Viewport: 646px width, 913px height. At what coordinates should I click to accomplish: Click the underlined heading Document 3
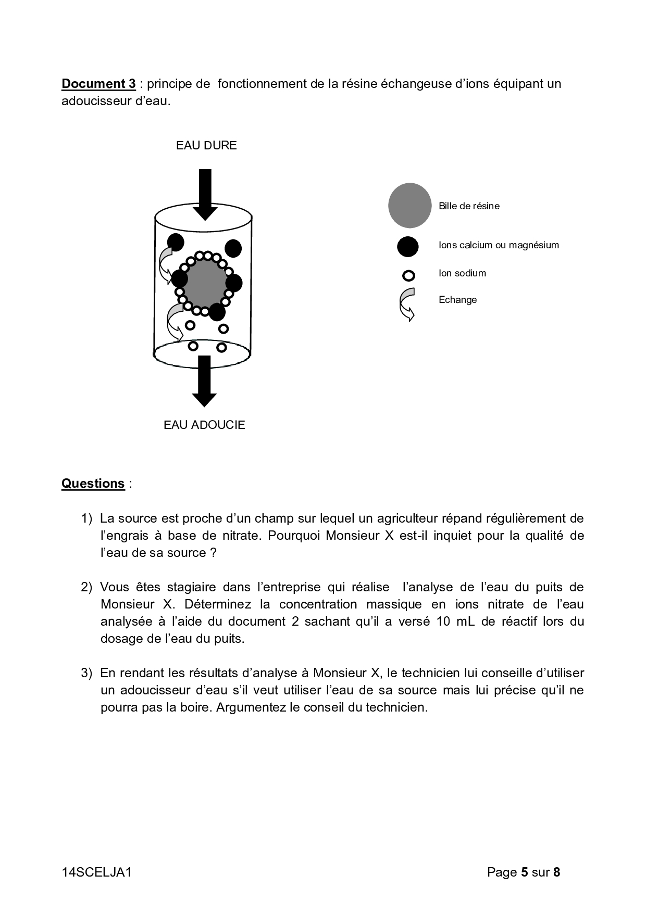pyautogui.click(x=98, y=84)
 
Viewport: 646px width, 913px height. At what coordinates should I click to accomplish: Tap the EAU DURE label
pyautogui.click(x=206, y=145)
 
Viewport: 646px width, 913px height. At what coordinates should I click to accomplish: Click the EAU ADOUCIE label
pyautogui.click(x=204, y=425)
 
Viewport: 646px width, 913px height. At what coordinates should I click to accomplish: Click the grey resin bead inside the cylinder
pyautogui.click(x=203, y=283)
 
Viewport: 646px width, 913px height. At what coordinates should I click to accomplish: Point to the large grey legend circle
pyautogui.click(x=410, y=206)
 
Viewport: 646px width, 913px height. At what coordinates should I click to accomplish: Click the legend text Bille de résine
pyautogui.click(x=469, y=206)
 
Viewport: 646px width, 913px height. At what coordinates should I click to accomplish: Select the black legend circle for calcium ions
pyautogui.click(x=408, y=246)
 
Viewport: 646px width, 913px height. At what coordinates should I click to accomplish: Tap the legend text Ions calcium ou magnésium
pyautogui.click(x=499, y=245)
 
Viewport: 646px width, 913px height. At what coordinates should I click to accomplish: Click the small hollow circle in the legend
pyautogui.click(x=409, y=275)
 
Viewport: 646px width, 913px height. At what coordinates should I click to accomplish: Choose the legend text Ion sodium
pyautogui.click(x=462, y=273)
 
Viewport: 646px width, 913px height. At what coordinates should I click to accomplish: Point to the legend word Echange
pyautogui.click(x=457, y=300)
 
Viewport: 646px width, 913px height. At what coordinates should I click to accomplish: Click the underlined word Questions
pyautogui.click(x=93, y=484)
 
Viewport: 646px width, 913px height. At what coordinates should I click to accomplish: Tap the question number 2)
pyautogui.click(x=86, y=587)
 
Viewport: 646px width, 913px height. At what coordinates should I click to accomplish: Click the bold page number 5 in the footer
pyautogui.click(x=524, y=872)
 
